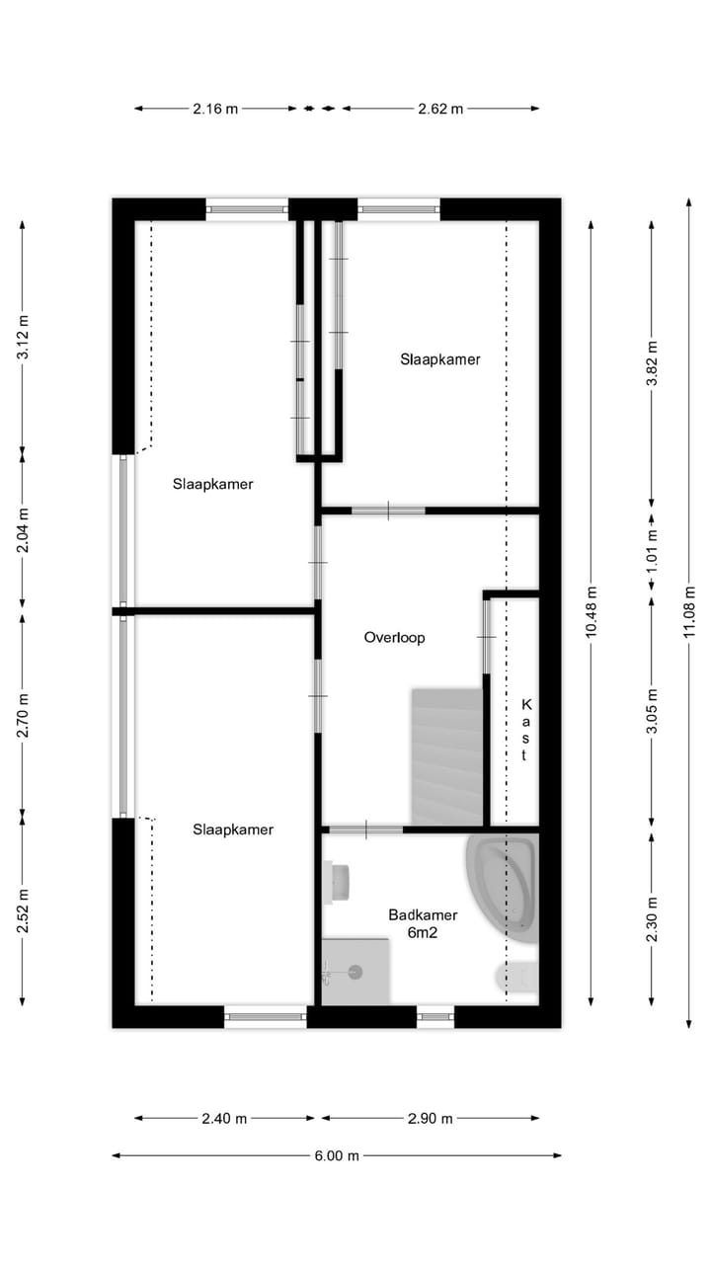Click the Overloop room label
click(394, 638)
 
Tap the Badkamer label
click(423, 914)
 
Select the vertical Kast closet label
click(526, 730)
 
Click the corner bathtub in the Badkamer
click(503, 890)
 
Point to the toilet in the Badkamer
click(517, 978)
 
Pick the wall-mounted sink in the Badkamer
click(337, 883)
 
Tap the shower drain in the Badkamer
click(355, 972)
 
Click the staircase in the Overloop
click(447, 756)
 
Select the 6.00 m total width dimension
click(337, 1155)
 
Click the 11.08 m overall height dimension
click(689, 612)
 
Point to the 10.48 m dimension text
click(591, 612)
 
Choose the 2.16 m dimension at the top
click(215, 109)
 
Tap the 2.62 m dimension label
click(440, 109)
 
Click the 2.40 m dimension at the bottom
click(224, 1119)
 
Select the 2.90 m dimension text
click(430, 1119)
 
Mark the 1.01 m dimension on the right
click(652, 550)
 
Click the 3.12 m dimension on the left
click(23, 337)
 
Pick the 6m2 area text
click(422, 933)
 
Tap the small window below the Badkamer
click(435, 1017)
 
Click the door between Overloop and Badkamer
click(365, 829)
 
